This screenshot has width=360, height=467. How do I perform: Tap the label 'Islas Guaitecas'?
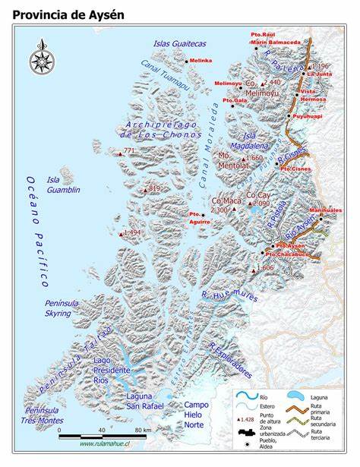179,43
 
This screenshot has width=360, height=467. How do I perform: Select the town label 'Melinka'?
200,60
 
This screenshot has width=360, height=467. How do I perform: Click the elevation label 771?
128,151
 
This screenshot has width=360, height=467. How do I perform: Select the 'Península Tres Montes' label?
39,415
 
